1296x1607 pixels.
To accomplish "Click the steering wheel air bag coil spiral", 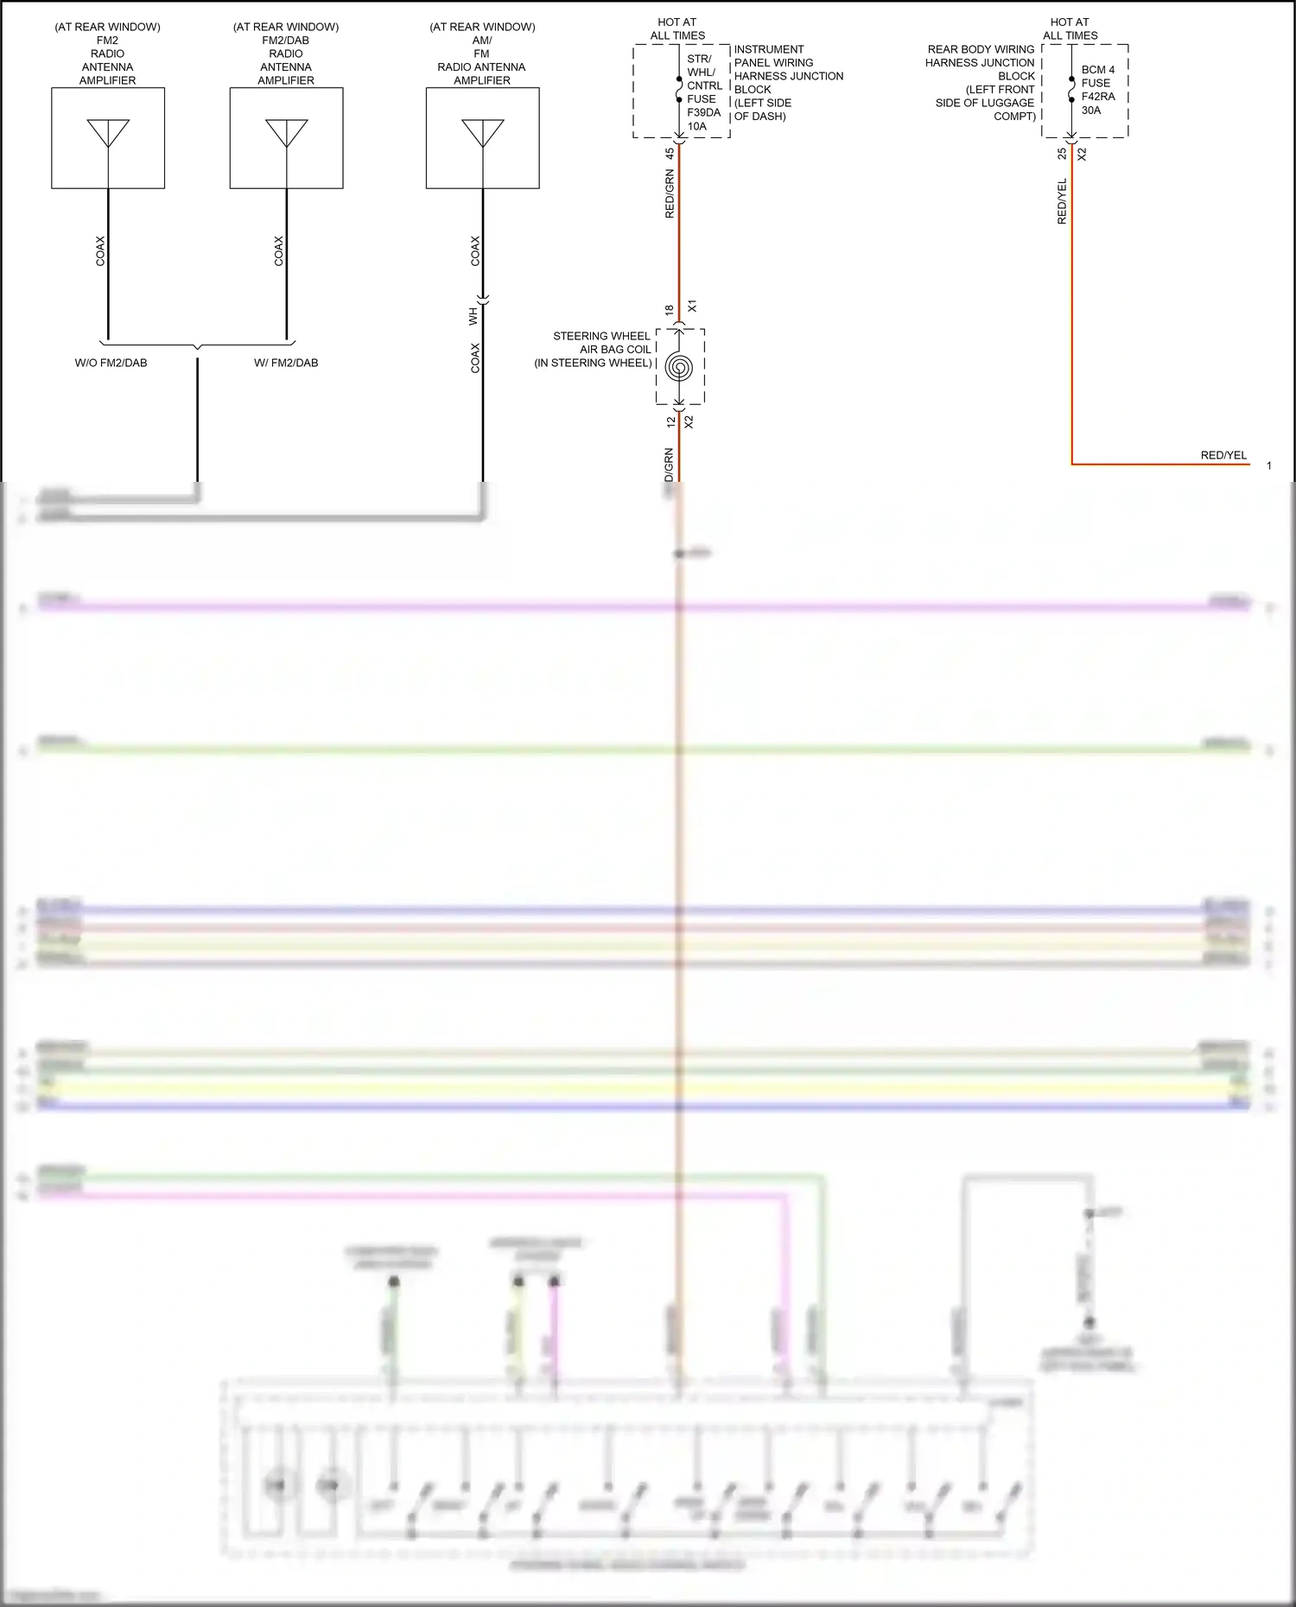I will tap(679, 368).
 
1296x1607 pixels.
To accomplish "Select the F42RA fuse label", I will tap(1097, 97).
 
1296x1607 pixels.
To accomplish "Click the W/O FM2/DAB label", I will tap(111, 363).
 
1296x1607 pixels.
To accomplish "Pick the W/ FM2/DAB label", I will tap(286, 363).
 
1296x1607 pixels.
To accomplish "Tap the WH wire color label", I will tap(473, 316).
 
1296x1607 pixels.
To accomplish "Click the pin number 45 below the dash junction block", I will tap(670, 154).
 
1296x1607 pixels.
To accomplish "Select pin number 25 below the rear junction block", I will tap(1062, 154).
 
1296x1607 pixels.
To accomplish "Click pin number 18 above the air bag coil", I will tap(670, 309).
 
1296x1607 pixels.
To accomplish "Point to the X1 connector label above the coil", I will tap(691, 307).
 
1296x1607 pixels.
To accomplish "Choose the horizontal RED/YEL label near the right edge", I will tap(1223, 455).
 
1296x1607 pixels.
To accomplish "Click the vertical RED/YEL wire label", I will tap(1062, 202).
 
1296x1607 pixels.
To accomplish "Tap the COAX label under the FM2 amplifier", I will tap(100, 250).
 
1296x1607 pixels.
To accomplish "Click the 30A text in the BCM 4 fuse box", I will tap(1091, 111).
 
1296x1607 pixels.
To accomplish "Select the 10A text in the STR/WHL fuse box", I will tap(696, 126).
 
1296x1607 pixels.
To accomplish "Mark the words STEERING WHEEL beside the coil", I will tap(601, 336).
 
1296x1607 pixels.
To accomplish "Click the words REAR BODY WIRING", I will tap(981, 49).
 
